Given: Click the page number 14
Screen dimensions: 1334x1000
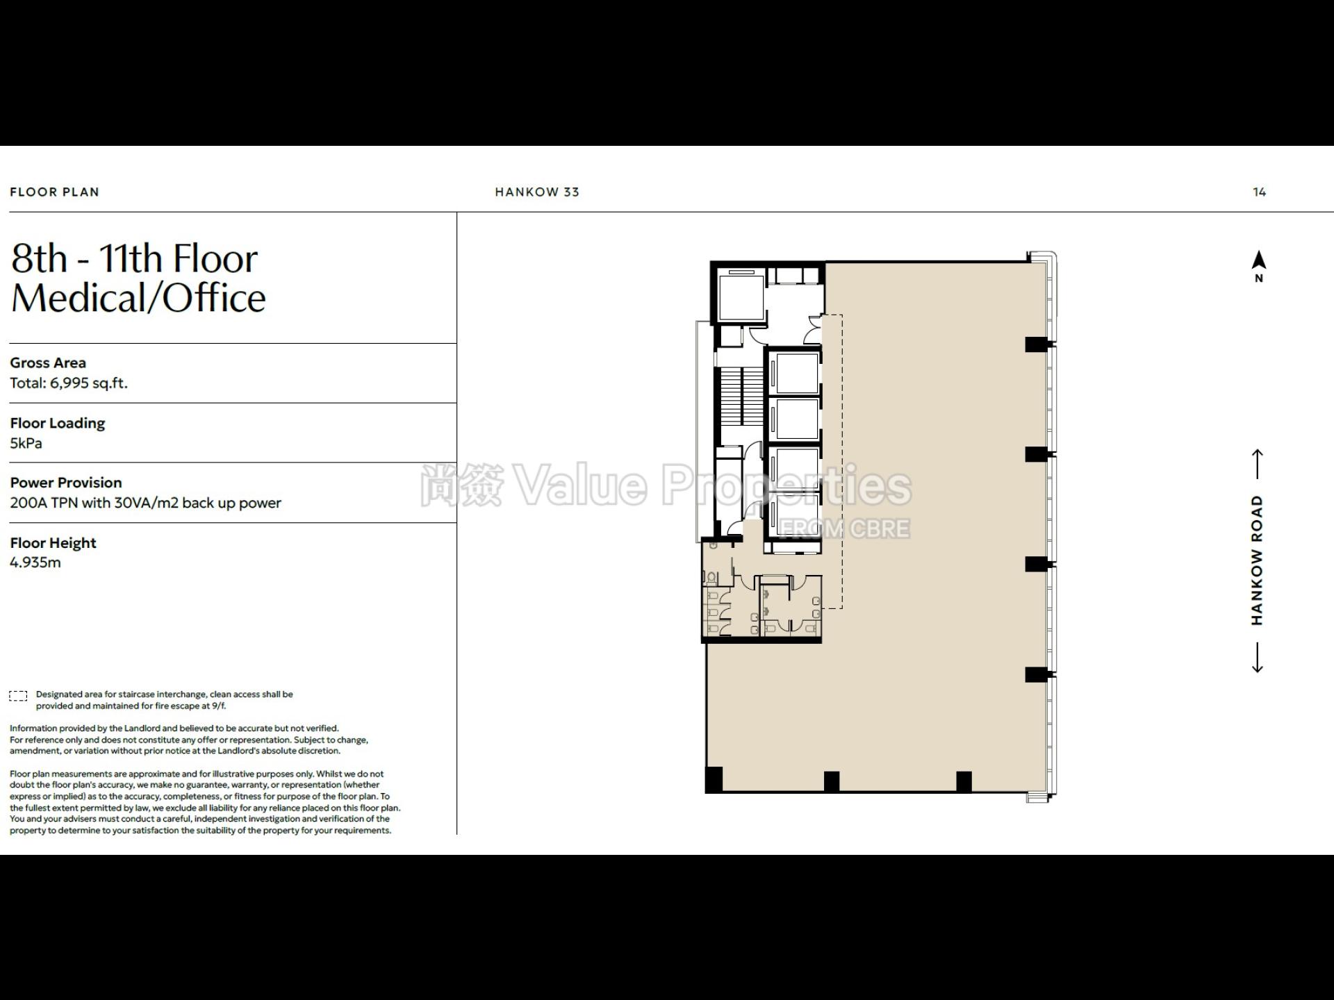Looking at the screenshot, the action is click(1259, 192).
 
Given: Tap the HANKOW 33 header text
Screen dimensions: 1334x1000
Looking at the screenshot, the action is click(537, 192).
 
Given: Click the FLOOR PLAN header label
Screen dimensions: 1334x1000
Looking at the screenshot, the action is click(54, 192).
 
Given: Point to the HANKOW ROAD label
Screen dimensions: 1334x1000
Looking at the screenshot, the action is click(1257, 560).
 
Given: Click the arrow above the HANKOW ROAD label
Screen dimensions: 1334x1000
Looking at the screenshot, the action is click(1257, 464).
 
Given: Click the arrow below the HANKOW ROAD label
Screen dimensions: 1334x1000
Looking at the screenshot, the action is click(1257, 658).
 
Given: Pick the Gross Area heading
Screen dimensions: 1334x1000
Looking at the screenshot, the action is click(48, 362).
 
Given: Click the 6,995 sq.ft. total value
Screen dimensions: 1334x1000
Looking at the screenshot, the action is click(89, 383).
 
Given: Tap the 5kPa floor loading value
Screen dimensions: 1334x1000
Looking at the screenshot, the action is click(26, 443).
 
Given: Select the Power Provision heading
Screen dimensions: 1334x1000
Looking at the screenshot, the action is click(66, 483).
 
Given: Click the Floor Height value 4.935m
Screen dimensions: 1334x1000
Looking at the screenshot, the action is click(35, 562).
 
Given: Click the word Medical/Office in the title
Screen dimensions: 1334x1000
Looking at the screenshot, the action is click(138, 299).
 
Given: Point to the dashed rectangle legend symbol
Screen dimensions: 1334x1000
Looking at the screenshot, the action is click(18, 696).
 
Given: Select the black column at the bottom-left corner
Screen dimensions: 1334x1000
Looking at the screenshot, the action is click(714, 779).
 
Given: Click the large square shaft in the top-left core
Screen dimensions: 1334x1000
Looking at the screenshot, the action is click(741, 297).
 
